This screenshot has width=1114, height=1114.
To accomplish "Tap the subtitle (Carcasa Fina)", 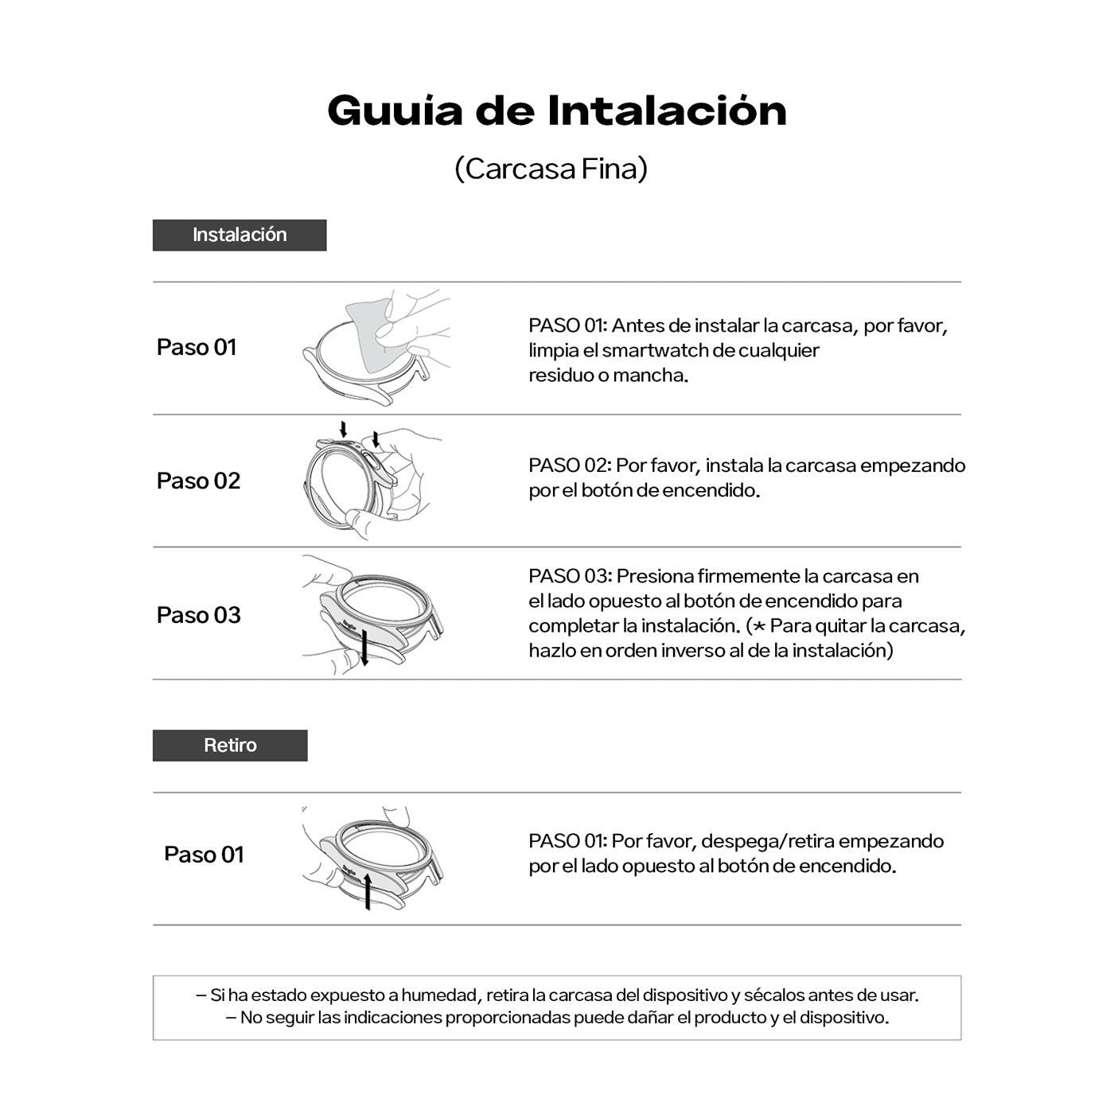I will pos(551,169).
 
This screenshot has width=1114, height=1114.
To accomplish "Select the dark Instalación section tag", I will pos(240,236).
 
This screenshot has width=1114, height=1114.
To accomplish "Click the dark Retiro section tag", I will pos(230,746).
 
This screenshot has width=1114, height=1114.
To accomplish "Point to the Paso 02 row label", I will pos(198,481).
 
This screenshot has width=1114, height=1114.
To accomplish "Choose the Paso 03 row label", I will pos(198,615).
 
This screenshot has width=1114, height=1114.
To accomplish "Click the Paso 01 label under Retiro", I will pos(204,855).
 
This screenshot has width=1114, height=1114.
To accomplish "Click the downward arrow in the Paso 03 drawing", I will pos(364,646).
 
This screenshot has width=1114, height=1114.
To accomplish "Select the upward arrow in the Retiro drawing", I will pos(368,890).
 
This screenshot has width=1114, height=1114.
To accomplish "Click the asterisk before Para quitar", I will pos(758,626).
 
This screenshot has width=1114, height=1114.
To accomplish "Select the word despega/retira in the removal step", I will pos(767,841).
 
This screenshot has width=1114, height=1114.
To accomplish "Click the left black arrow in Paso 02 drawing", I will pos(344,430).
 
